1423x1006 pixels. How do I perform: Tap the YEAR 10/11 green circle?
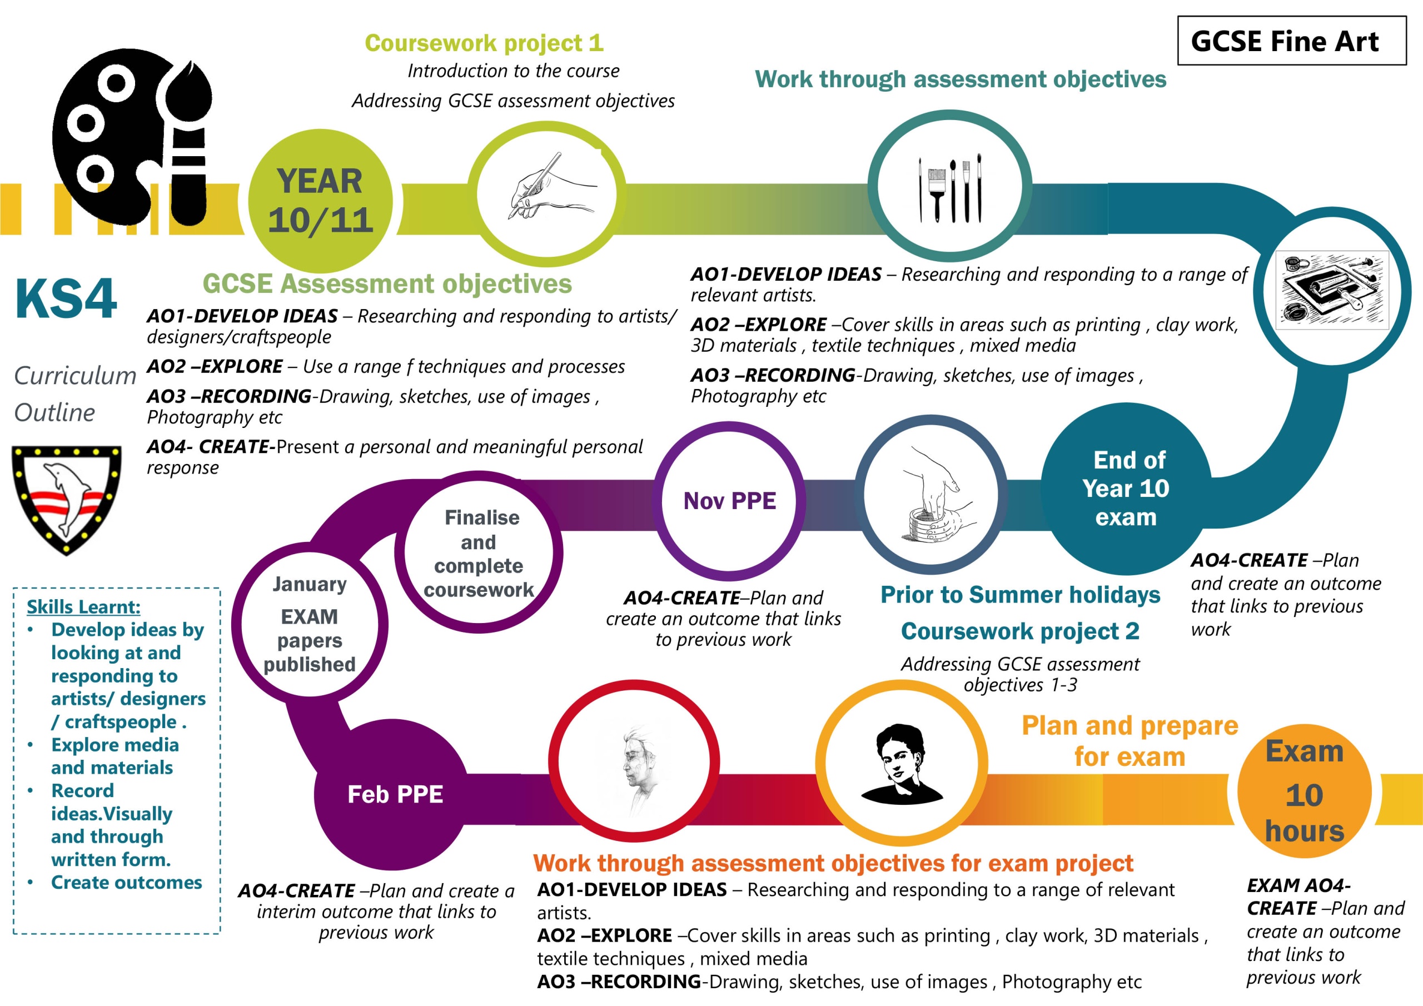point(320,201)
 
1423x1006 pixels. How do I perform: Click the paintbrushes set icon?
point(949,188)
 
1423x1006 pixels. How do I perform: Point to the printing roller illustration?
point(1332,290)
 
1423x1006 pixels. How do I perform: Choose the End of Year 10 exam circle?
point(1126,489)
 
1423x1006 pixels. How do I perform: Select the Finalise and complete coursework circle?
point(479,552)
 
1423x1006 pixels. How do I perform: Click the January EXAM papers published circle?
point(310,624)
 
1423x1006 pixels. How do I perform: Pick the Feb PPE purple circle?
point(394,794)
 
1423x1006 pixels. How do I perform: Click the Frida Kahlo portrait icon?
point(901,764)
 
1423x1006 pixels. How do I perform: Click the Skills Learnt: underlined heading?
point(84,606)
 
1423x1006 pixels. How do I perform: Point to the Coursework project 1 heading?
point(484,43)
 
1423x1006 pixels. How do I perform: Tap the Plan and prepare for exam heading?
point(1130,741)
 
